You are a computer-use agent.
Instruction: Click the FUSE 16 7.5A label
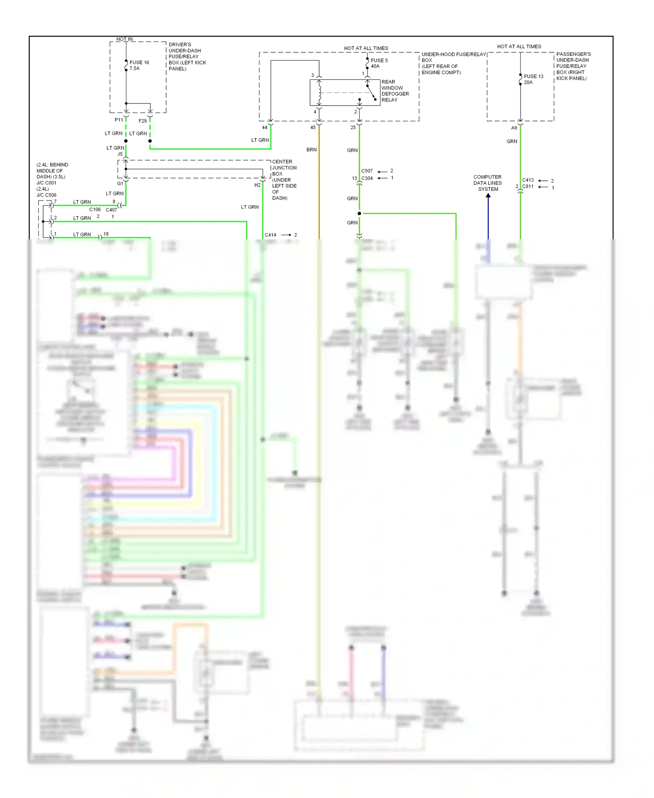tap(139, 65)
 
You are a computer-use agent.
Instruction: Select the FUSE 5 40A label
tap(378, 63)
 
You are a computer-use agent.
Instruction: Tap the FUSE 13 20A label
tap(533, 79)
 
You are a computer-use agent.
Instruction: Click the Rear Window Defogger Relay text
tap(395, 91)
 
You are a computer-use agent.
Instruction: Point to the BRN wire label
tap(311, 150)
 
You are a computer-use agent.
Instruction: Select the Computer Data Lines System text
tap(487, 183)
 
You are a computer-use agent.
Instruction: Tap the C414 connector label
tap(270, 235)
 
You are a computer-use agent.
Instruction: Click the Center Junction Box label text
tap(284, 179)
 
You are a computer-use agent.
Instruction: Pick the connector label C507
tap(367, 171)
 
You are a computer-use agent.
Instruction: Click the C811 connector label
tap(528, 186)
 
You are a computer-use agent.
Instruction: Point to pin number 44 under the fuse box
tap(264, 127)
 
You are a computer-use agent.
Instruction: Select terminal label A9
tap(514, 128)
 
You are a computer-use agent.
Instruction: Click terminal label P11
tap(119, 120)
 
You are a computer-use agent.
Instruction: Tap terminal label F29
tap(143, 121)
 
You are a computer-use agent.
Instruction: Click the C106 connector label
tap(95, 210)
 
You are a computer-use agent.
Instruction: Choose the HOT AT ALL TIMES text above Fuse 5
tap(366, 48)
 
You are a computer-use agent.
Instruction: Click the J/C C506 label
tap(46, 195)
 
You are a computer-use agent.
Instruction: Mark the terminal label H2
tap(257, 185)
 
